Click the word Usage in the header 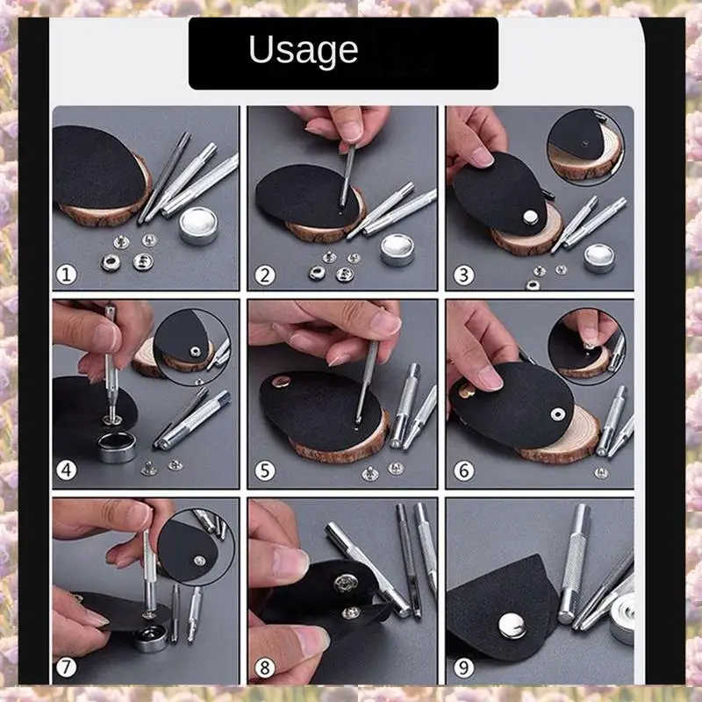[303, 50]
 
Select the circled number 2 [265, 276]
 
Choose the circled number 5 [265, 470]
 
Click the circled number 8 [265, 669]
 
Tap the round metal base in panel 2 [399, 249]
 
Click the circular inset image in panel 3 [584, 146]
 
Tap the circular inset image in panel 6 [586, 344]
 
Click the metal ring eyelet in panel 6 [557, 412]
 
